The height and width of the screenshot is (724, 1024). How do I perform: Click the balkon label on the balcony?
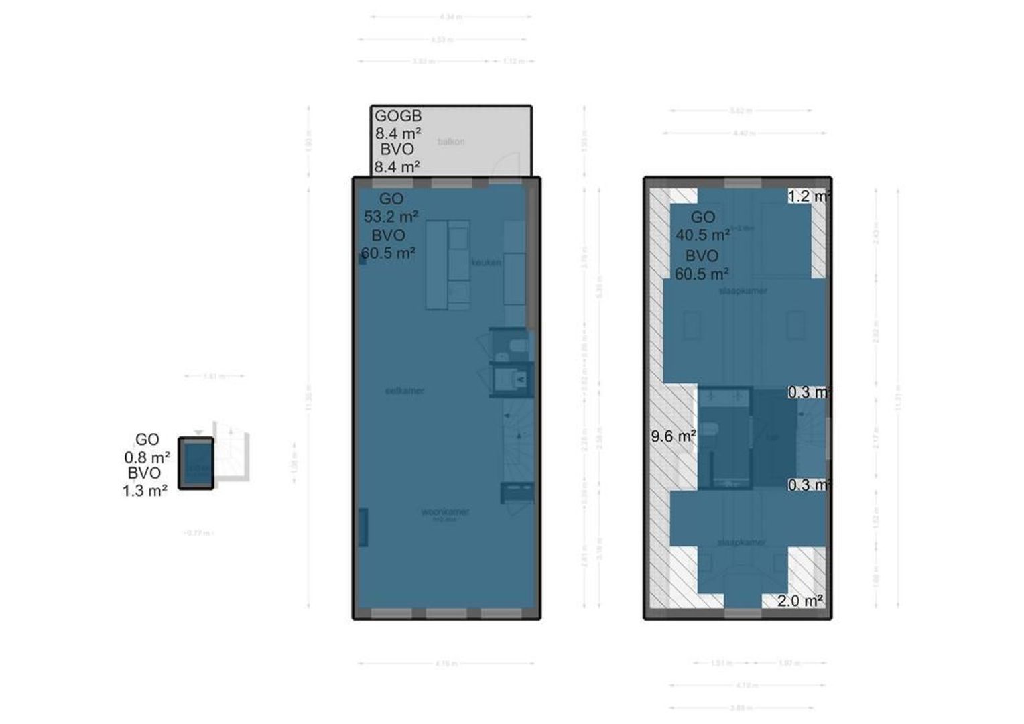(x=450, y=142)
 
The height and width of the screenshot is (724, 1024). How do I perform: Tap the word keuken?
(x=486, y=263)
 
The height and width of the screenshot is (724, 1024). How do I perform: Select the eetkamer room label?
(x=405, y=391)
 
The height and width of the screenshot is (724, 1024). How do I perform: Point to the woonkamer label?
(x=445, y=512)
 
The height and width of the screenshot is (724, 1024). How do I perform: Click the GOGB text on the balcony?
(x=397, y=116)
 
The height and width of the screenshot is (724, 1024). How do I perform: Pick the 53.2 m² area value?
(x=391, y=217)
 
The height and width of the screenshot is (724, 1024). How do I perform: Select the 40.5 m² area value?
(x=702, y=235)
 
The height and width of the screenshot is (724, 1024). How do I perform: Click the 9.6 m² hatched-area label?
(x=673, y=436)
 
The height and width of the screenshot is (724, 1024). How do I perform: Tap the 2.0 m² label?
(x=799, y=601)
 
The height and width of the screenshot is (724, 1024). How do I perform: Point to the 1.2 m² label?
(x=809, y=196)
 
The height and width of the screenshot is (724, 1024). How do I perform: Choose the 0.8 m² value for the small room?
(x=147, y=457)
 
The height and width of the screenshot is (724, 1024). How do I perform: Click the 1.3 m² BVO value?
(x=144, y=491)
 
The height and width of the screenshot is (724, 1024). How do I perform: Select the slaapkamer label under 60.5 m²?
(x=743, y=292)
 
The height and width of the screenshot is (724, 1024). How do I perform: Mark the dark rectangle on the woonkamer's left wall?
(x=363, y=527)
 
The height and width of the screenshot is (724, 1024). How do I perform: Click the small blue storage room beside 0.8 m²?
(x=196, y=463)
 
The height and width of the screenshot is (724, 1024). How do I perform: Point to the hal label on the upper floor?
(x=773, y=438)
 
